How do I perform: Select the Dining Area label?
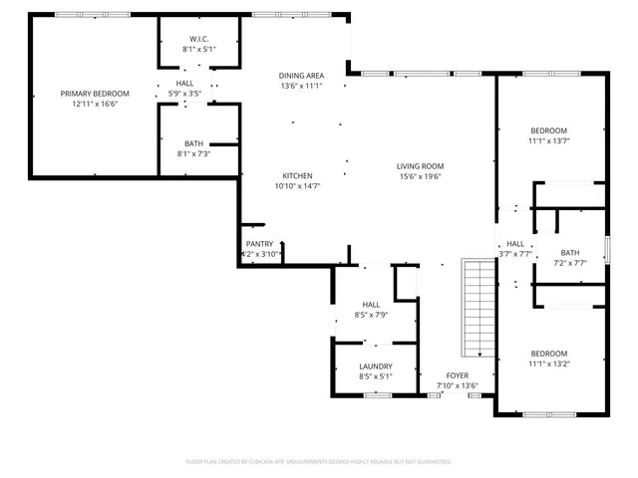coord(300,76)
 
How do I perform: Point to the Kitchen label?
coord(297,175)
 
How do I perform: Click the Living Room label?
coord(420,166)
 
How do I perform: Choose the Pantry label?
coord(259,244)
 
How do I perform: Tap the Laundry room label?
coord(376,365)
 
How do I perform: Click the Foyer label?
coord(458,375)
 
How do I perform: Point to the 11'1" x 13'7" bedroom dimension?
coord(549,141)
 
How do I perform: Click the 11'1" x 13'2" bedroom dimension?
coord(549,364)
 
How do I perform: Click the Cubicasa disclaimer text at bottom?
coord(319,462)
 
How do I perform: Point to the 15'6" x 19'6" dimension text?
coord(420,176)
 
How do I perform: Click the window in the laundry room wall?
coord(377,395)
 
